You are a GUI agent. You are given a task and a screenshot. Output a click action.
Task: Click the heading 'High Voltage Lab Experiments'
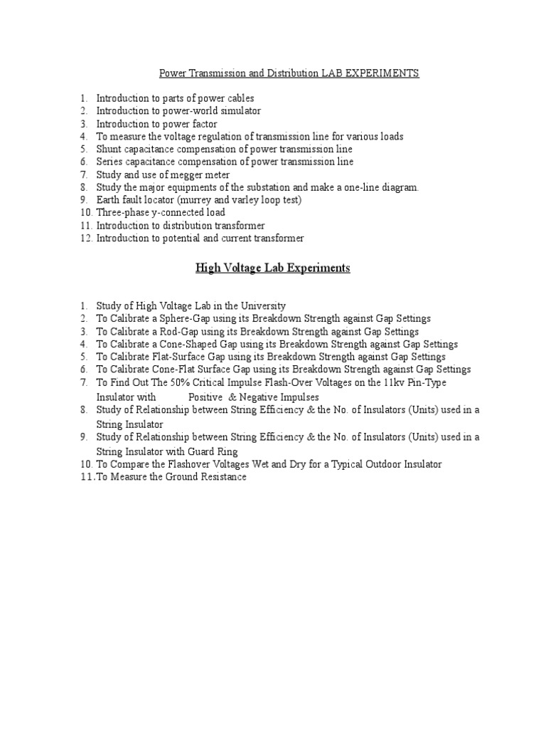pos(273,268)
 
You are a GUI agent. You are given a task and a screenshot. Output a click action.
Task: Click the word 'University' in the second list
pos(260,305)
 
